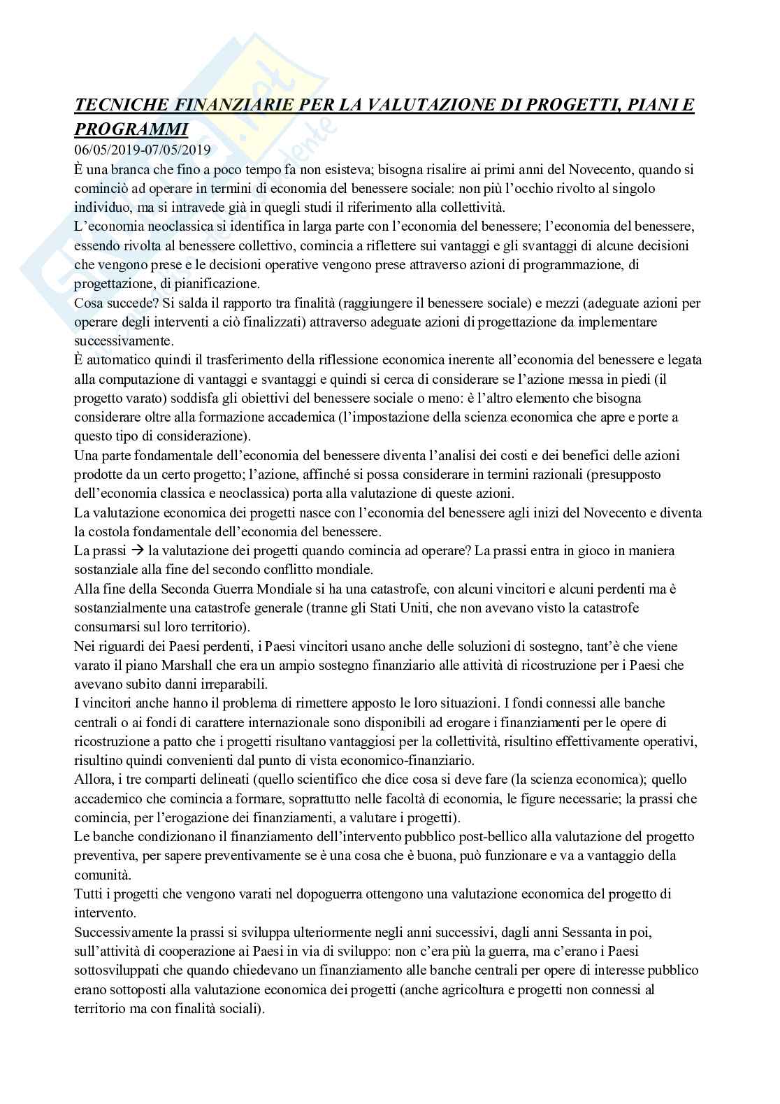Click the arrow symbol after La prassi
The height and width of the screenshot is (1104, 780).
pos(129,551)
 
